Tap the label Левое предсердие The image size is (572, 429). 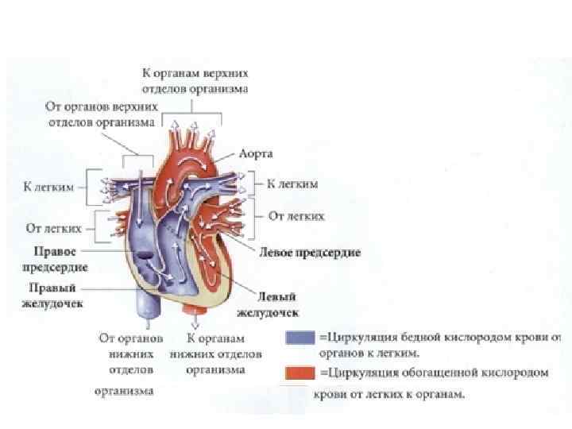tap(310, 253)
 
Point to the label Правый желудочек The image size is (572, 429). tap(56, 295)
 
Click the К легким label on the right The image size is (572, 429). tap(292, 184)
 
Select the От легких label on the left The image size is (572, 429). tap(54, 228)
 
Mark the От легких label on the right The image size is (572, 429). tap(296, 215)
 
